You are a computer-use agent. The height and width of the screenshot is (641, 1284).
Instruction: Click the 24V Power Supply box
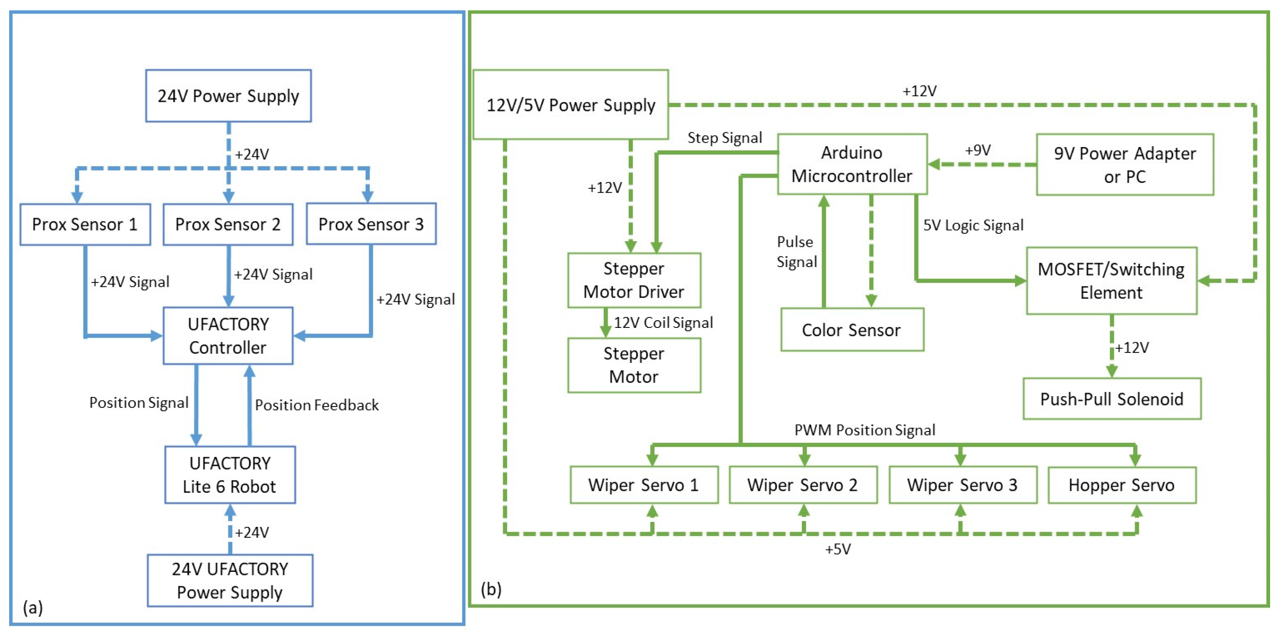click(228, 96)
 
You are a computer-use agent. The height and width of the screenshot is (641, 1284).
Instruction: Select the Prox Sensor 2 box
click(228, 224)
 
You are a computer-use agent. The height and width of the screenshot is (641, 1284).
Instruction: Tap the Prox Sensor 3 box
click(371, 224)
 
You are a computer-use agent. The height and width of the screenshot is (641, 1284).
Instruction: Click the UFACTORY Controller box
click(228, 336)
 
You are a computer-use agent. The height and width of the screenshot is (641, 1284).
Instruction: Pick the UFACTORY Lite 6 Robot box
click(230, 474)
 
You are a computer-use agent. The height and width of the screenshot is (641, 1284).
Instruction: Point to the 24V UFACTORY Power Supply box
click(230, 580)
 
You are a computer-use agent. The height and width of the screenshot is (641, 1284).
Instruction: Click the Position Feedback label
click(317, 405)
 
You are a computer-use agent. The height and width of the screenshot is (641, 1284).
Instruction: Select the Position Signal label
click(139, 403)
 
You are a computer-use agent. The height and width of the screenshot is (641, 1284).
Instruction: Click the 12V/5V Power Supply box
click(570, 105)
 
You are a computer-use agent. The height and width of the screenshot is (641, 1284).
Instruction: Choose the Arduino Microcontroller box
click(852, 164)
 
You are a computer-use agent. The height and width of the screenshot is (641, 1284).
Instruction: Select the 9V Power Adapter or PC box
click(1124, 165)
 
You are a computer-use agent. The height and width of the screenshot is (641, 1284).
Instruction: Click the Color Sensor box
click(851, 330)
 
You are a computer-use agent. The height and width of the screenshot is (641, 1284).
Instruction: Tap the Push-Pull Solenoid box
click(1112, 399)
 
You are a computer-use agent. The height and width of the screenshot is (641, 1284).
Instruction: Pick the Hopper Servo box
click(1122, 485)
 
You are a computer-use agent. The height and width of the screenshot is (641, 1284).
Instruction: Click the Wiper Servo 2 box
click(803, 485)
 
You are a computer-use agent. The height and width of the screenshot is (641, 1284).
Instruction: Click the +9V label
click(978, 150)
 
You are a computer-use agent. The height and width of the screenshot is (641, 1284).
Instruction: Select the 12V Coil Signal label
click(663, 323)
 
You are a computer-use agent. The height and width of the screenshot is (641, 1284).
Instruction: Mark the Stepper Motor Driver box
click(633, 280)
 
